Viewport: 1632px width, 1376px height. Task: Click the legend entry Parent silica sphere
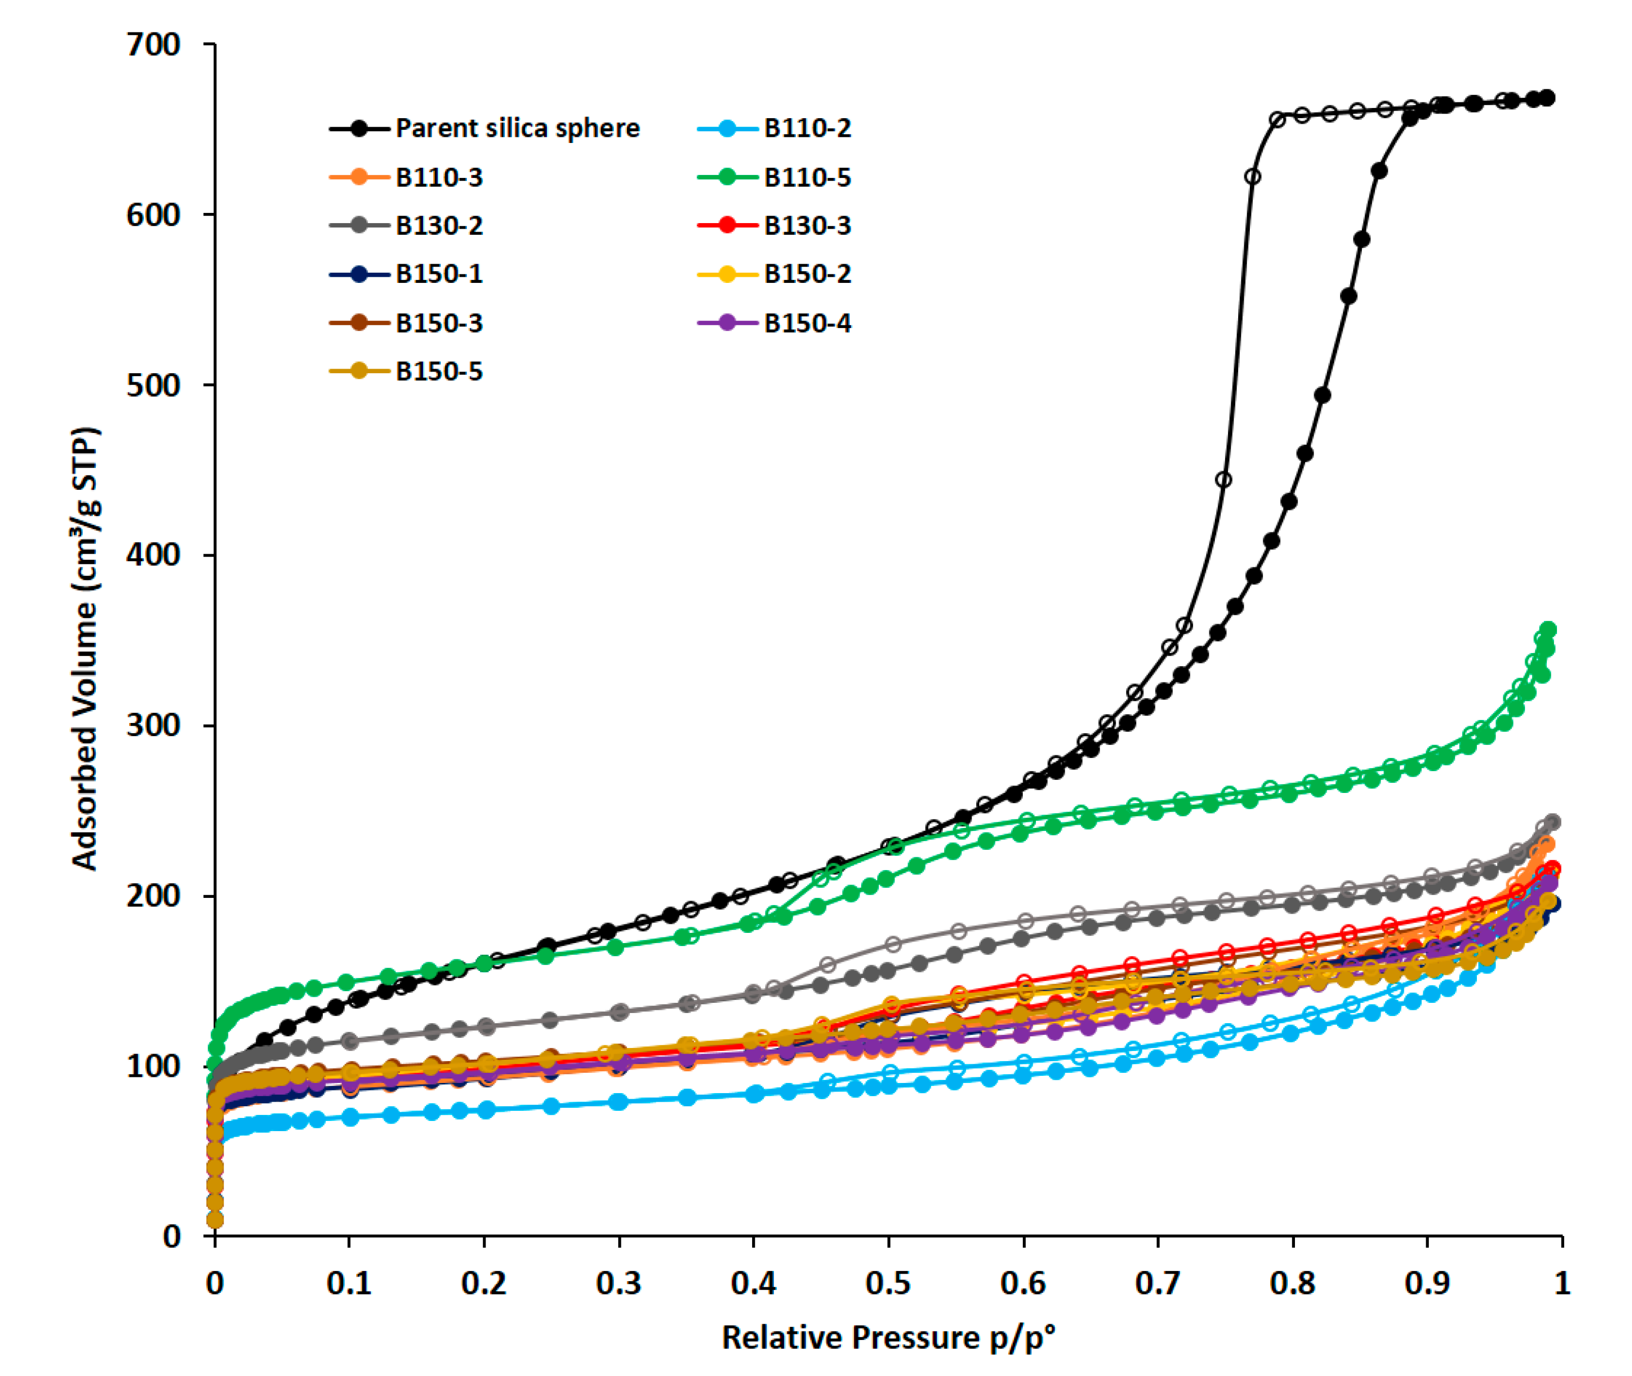tap(517, 128)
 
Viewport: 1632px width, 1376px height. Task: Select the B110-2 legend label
tap(807, 128)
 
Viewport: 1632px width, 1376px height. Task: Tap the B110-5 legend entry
tap(807, 177)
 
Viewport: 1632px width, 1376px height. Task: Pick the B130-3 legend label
tap(807, 226)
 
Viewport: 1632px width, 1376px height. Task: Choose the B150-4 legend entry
tap(807, 323)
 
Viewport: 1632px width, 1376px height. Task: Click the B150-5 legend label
tap(439, 371)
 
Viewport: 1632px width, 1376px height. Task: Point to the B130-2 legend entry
tap(439, 226)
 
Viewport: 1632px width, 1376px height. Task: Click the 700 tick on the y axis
tap(153, 45)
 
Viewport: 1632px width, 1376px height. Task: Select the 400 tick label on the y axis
tap(153, 555)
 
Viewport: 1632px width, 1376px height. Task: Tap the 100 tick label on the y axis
tap(153, 1066)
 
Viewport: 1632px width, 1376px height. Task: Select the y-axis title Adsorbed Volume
tap(85, 647)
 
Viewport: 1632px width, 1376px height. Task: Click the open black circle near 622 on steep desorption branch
tap(1252, 177)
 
